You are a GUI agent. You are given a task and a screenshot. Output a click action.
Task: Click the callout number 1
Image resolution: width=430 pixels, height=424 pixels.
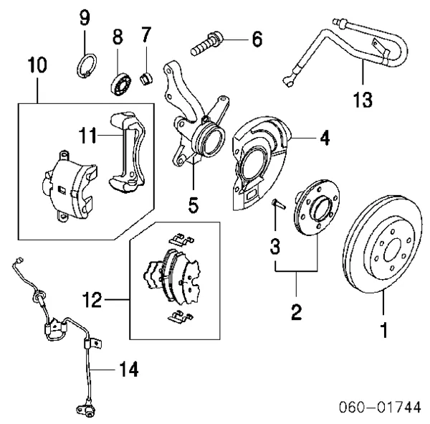(384, 331)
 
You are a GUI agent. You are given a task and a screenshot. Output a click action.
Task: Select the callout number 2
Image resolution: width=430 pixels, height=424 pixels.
(296, 312)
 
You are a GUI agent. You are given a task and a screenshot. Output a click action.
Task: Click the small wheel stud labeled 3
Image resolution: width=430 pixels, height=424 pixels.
(279, 205)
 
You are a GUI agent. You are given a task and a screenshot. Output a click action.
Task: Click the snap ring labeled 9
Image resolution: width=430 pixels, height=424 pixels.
(85, 65)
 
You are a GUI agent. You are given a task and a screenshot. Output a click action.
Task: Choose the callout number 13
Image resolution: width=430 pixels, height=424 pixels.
(363, 98)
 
